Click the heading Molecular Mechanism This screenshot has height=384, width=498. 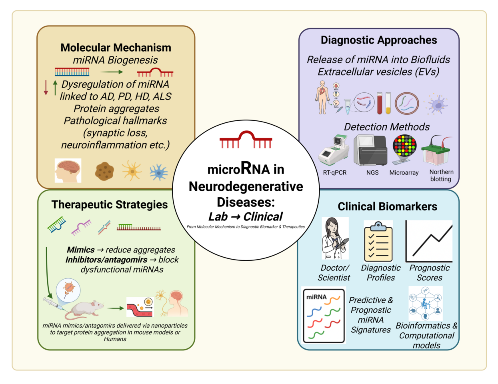116,48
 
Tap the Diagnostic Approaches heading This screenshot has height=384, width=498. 378,40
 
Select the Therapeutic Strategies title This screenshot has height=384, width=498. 110,204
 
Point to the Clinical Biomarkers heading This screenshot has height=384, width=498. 387,206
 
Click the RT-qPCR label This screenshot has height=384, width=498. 335,173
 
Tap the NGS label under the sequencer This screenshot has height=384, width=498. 372,173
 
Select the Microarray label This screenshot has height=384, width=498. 404,173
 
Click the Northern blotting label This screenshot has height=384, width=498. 441,176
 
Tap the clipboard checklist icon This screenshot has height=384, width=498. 378,241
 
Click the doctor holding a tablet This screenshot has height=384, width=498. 335,239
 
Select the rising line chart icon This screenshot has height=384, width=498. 429,241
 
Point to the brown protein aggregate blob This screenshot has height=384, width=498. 104,171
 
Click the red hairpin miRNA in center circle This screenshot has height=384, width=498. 246,140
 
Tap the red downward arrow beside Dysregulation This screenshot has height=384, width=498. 46,87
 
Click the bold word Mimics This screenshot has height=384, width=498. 81,250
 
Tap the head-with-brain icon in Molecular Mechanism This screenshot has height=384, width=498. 68,170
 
